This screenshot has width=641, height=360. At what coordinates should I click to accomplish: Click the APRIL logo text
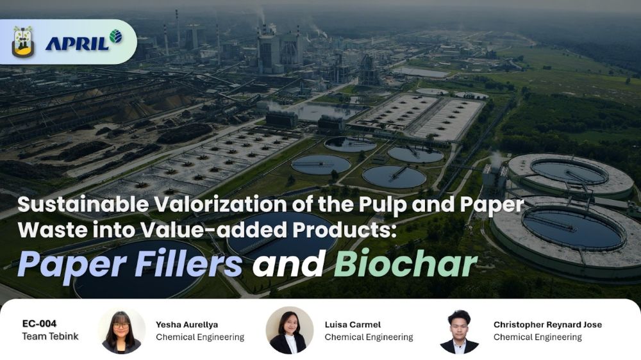(78, 43)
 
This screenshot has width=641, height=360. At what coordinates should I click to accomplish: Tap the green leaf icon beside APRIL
(115, 37)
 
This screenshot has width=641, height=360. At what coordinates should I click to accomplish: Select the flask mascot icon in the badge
(23, 42)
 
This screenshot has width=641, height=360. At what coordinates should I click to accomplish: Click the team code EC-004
(39, 323)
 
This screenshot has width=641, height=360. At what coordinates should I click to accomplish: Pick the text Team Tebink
(50, 336)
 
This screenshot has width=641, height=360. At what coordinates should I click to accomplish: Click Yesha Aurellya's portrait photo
(121, 331)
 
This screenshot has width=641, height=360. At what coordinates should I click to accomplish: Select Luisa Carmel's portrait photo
(290, 331)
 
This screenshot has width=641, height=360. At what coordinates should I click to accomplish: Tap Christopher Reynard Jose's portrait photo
(459, 331)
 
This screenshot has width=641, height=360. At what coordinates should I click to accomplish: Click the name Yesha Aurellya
(187, 325)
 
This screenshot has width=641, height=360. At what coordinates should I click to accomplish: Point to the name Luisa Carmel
(353, 325)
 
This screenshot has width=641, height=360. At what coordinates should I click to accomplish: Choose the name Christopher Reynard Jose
(547, 325)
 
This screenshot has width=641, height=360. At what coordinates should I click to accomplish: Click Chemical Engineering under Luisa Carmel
(369, 337)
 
